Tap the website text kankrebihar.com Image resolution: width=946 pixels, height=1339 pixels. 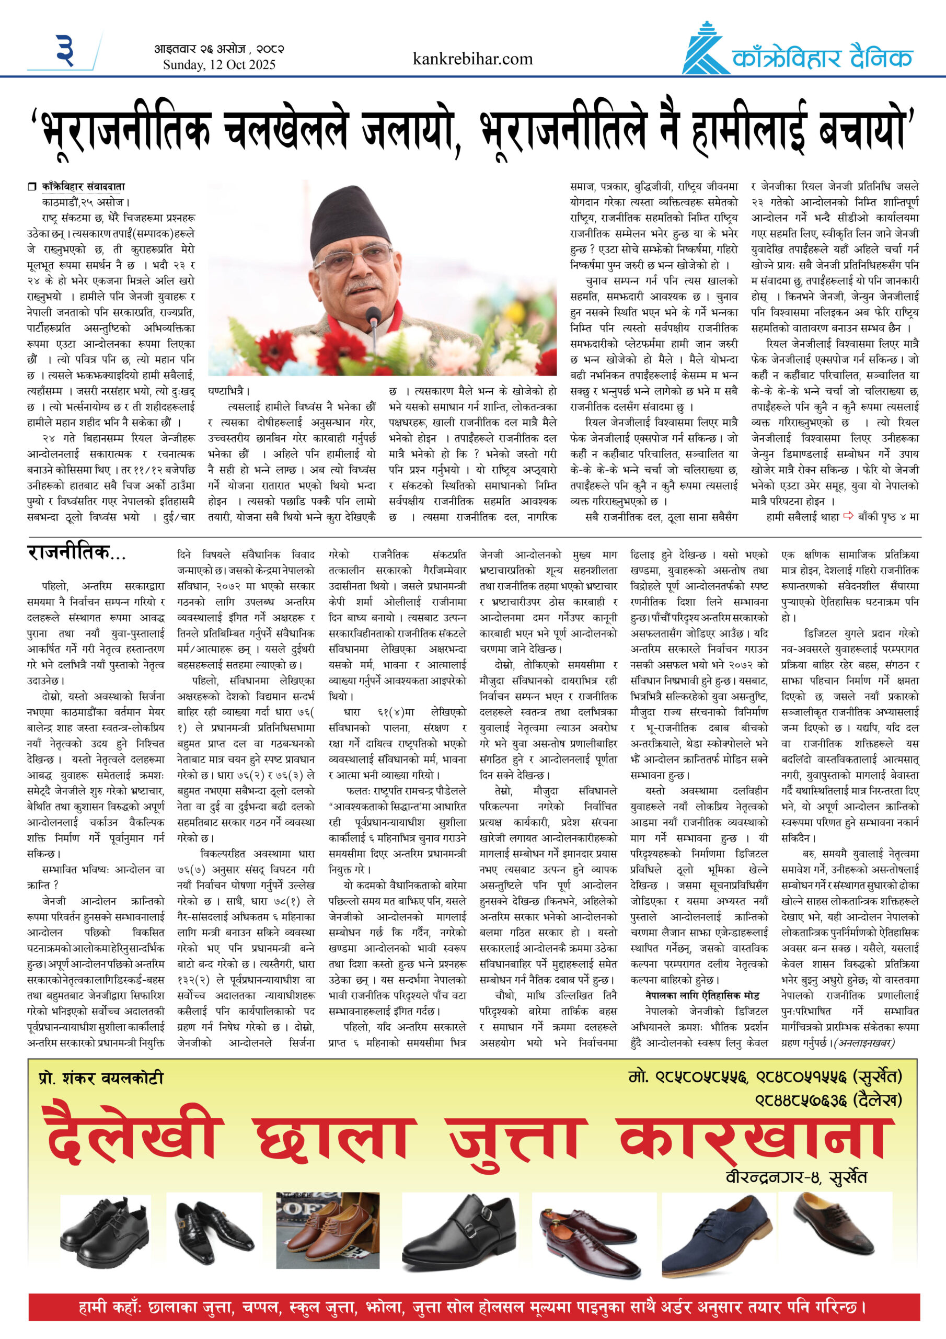pos(472,59)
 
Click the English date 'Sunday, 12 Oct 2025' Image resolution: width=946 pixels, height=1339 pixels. pos(218,65)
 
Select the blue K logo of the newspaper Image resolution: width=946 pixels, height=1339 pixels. pos(705,49)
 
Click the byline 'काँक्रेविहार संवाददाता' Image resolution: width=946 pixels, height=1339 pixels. pos(83,187)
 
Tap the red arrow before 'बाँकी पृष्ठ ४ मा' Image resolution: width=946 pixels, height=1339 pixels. pos(848,516)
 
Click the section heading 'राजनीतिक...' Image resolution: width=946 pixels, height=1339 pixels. pos(76,553)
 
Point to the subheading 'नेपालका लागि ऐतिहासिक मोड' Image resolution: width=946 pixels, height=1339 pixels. pos(702,995)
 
